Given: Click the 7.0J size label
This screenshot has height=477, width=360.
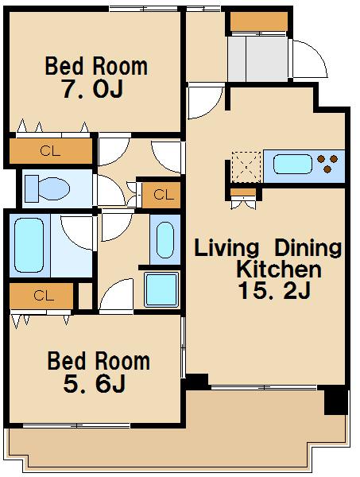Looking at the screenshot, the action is point(93,88).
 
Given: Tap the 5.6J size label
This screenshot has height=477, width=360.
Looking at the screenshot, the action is point(95,383).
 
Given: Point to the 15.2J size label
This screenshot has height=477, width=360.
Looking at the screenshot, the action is point(274,290).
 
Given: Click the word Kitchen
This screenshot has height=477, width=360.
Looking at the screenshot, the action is point(278,269).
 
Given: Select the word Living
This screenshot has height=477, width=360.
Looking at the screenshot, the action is point(226,247).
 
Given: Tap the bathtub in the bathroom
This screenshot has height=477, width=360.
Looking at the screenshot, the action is point(29,245).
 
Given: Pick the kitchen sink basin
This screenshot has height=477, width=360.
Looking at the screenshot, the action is point(292,165).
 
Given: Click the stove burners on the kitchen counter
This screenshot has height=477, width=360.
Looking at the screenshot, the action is point(327,163).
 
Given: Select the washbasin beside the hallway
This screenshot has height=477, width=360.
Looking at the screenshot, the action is point(165,240).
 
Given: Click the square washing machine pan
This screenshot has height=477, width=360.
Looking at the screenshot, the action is point(161,289).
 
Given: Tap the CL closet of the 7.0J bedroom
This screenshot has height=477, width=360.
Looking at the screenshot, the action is point(51,151).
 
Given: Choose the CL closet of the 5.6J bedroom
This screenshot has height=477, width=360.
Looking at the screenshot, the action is point(41,296).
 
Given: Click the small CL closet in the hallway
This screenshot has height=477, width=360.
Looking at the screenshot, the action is point(161,195).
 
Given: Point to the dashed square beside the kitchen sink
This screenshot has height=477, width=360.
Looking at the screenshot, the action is point(246,167).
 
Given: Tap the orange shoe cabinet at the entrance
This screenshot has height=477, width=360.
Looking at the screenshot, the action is point(259,21).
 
